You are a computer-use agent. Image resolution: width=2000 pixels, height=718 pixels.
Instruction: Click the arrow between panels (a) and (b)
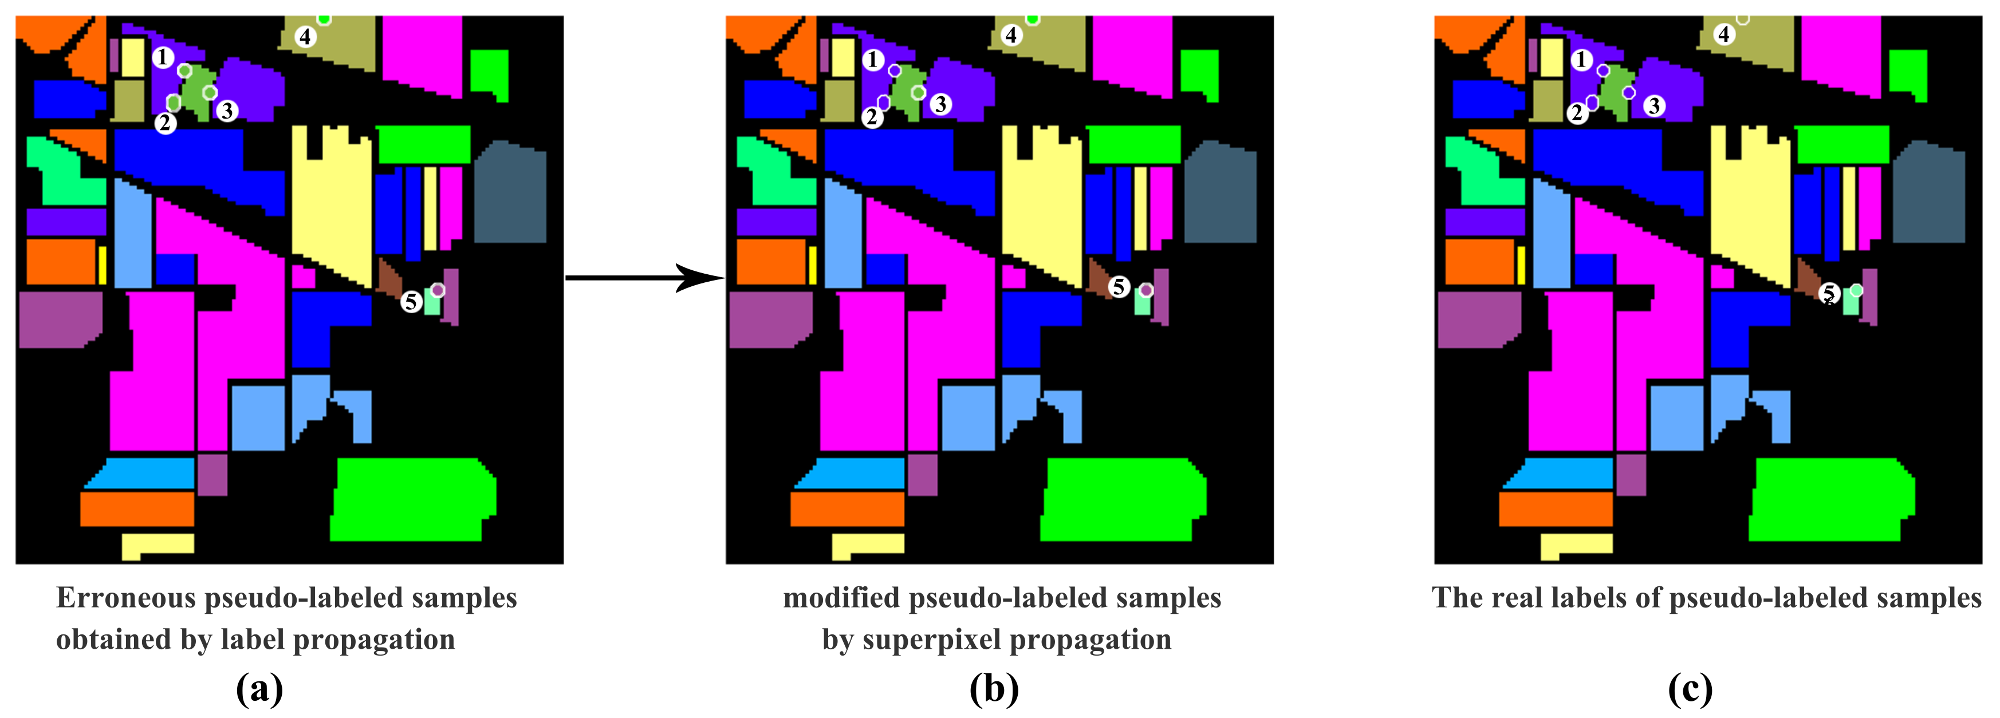644,277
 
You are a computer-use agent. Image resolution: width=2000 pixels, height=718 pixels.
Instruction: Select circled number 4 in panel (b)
1011,35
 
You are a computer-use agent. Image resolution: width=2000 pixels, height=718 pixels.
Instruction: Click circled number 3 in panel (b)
940,104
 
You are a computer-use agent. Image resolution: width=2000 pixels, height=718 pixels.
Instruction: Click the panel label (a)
259,688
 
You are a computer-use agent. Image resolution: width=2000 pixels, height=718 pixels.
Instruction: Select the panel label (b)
994,688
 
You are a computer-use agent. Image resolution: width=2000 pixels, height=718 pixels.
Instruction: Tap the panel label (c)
1690,688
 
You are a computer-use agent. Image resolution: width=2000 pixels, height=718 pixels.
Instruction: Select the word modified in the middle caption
841,598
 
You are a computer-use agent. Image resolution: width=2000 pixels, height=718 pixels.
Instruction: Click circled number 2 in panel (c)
1577,113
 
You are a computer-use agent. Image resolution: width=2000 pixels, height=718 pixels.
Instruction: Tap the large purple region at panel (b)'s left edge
769,318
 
